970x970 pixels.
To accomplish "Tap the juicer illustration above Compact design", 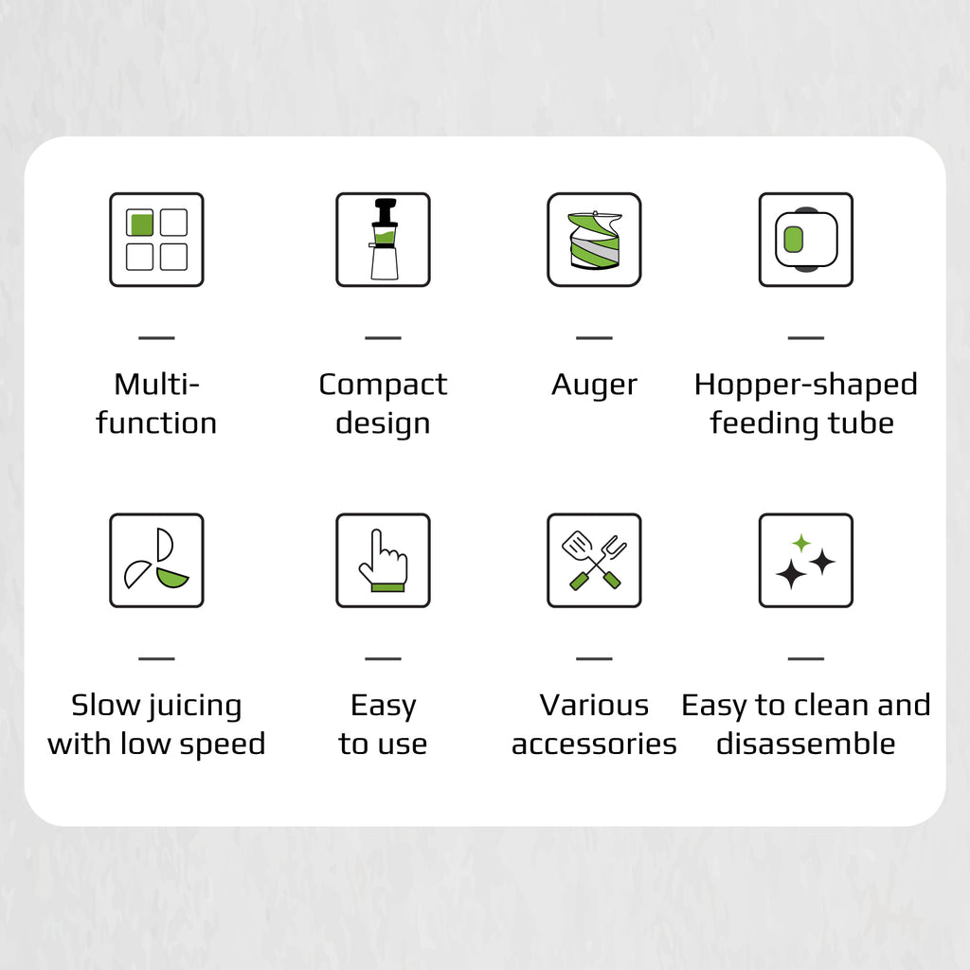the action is pyautogui.click(x=384, y=240).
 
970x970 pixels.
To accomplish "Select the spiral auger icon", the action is pyautogui.click(x=595, y=240).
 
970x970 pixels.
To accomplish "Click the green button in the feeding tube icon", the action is pyautogui.click(x=793, y=240).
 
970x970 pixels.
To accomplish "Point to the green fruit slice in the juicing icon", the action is pyautogui.click(x=172, y=578).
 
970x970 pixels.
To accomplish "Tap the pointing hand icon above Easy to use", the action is pyautogui.click(x=384, y=561).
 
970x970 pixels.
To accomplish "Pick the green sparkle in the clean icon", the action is pyautogui.click(x=801, y=543).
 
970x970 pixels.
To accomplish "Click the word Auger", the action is pyautogui.click(x=595, y=386).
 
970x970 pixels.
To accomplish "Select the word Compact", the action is pyautogui.click(x=383, y=385).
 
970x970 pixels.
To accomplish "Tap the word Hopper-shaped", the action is pyautogui.click(x=805, y=385).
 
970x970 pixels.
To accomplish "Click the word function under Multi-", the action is pyautogui.click(x=156, y=422).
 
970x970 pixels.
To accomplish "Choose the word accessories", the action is pyautogui.click(x=595, y=745).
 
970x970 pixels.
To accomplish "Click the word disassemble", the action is pyautogui.click(x=805, y=743).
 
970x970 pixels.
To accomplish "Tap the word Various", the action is pyautogui.click(x=595, y=705).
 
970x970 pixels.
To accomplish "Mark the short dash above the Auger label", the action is pyautogui.click(x=595, y=338).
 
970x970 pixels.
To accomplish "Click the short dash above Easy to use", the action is pyautogui.click(x=384, y=659).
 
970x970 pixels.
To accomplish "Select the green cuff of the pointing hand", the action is pyautogui.click(x=387, y=587).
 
